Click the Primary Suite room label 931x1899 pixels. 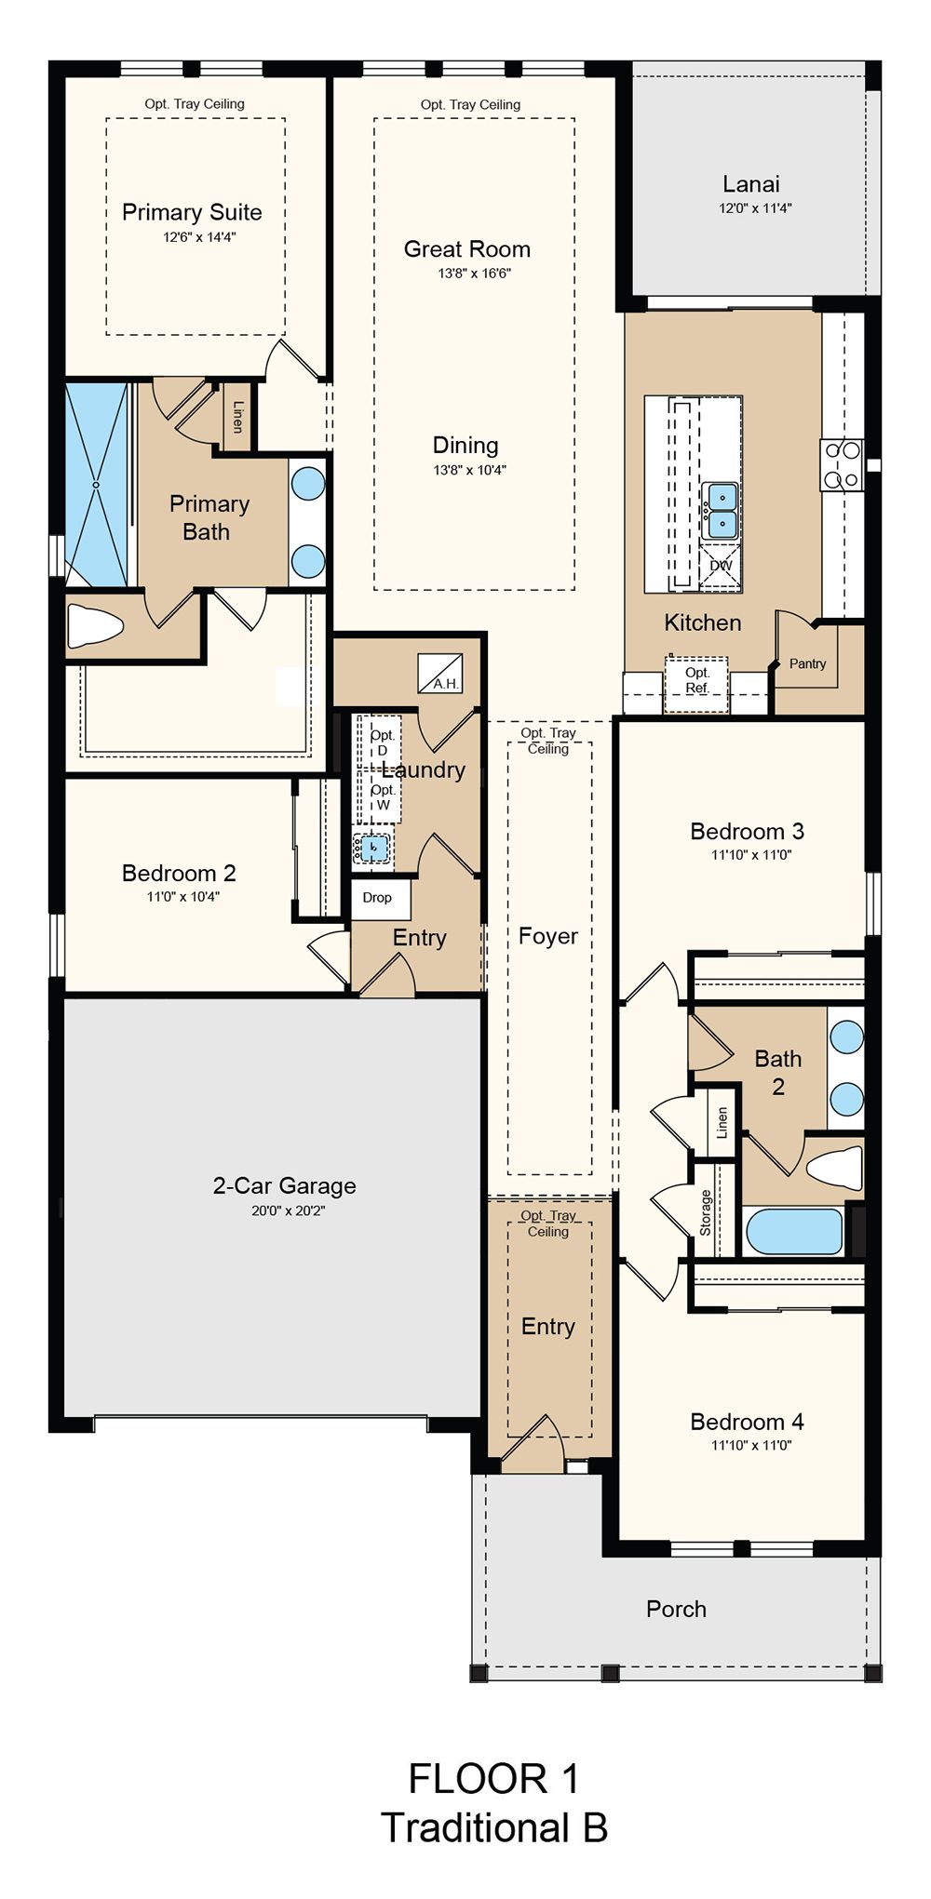tap(192, 212)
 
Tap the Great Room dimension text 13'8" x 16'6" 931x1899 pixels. tap(475, 274)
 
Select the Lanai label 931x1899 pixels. tap(751, 184)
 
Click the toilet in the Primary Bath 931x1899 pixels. tap(95, 625)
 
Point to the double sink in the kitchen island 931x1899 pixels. tap(719, 511)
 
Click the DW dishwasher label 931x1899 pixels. tap(722, 565)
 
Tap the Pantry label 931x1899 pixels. tap(807, 663)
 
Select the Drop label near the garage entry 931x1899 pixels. tap(377, 897)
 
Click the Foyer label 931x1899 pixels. tap(548, 936)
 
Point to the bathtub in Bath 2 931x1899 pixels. tap(794, 1230)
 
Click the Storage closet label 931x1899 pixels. tap(706, 1212)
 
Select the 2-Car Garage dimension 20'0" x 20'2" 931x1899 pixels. tap(288, 1210)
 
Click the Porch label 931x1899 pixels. tap(676, 1609)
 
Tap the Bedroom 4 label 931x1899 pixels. tap(747, 1421)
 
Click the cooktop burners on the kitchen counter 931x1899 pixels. tap(842, 465)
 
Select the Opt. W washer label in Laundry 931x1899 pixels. tap(383, 797)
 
